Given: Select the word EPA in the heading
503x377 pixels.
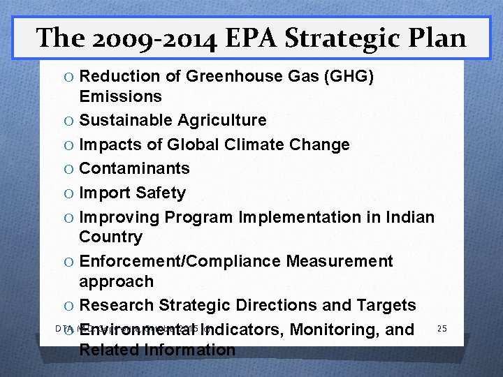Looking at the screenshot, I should pyautogui.click(x=244, y=37).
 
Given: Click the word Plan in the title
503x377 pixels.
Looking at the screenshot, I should pyautogui.click(x=435, y=37).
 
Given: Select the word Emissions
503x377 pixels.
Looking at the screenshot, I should pyautogui.click(x=120, y=96).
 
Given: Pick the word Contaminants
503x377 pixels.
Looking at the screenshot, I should pyautogui.click(x=134, y=168).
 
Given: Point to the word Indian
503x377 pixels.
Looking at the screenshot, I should pyautogui.click(x=409, y=217).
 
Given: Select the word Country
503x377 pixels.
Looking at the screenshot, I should pyautogui.click(x=110, y=237).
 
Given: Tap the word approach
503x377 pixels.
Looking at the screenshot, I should pyautogui.click(x=116, y=281).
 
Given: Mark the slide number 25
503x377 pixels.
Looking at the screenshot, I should pyautogui.click(x=441, y=327).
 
